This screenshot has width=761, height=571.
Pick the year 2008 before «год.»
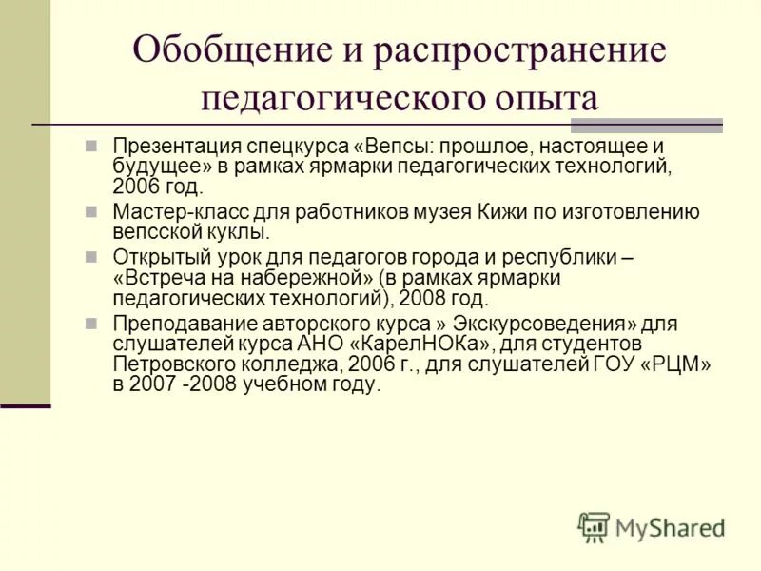point(427,299)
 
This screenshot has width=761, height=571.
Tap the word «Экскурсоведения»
point(543,324)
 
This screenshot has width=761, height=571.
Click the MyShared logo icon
point(594,526)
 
